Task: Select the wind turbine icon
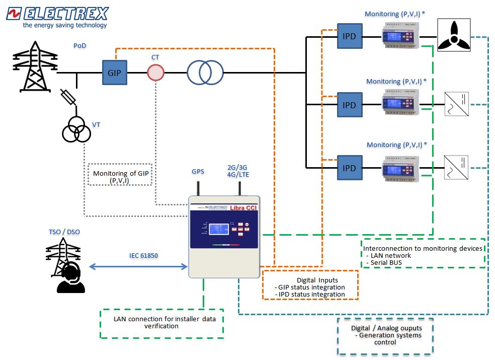point(454,36)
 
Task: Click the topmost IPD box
point(349,36)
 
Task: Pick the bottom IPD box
point(349,168)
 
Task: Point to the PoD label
point(79,46)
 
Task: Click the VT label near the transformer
point(96,124)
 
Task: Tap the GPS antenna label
point(198,172)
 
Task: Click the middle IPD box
point(349,105)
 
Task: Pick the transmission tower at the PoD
point(35,65)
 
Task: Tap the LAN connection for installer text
point(162,322)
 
